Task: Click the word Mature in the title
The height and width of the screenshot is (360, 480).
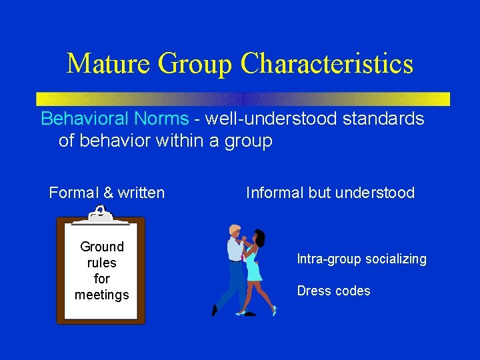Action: (x=109, y=64)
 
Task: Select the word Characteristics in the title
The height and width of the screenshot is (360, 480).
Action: (x=327, y=64)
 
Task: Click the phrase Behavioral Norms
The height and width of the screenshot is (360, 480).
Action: (x=115, y=119)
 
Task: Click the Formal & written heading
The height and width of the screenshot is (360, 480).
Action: (x=107, y=193)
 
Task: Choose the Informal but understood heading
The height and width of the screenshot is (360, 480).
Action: (x=330, y=193)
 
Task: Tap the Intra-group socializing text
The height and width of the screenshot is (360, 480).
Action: (x=361, y=259)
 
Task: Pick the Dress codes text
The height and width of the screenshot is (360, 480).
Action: (x=333, y=291)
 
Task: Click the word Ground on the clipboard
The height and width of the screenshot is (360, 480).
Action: (x=102, y=247)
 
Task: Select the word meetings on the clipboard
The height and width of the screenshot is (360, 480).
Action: (x=102, y=295)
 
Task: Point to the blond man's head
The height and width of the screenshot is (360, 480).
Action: (x=235, y=231)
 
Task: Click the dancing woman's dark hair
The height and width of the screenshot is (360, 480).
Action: (x=260, y=236)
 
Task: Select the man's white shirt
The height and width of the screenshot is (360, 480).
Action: (x=235, y=250)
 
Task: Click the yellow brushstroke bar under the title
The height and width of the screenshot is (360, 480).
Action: (x=243, y=99)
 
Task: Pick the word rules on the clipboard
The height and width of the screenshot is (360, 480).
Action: (x=102, y=263)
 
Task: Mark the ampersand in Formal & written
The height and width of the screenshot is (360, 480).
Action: (x=109, y=193)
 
